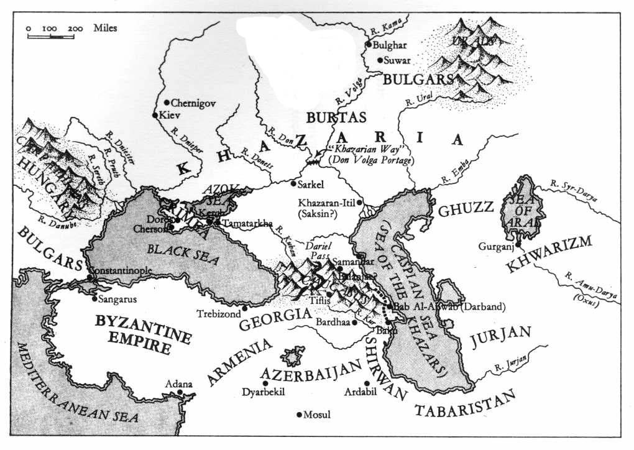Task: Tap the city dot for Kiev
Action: pos(155,115)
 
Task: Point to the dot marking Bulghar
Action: pos(369,44)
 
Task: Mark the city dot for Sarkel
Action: pos(293,183)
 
